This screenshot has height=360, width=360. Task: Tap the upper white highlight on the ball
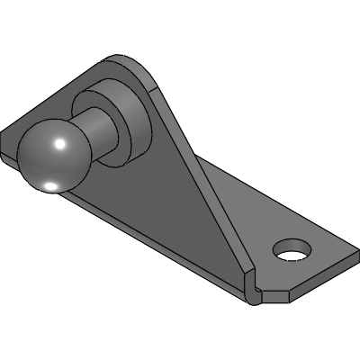(58, 143)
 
